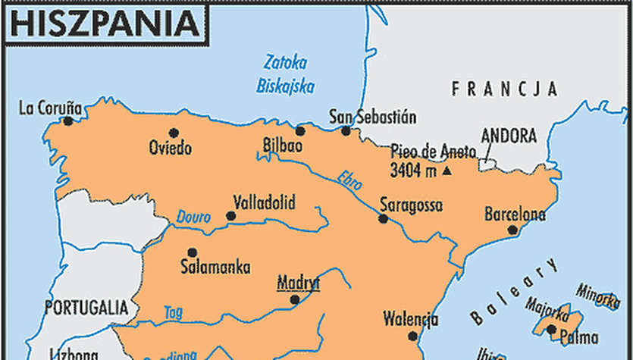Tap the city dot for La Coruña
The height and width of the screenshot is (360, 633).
click(x=68, y=121)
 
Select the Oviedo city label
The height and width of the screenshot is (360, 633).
click(x=171, y=147)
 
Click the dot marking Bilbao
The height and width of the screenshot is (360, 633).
click(x=300, y=130)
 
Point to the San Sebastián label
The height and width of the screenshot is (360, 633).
click(x=373, y=117)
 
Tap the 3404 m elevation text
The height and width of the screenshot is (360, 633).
click(x=413, y=171)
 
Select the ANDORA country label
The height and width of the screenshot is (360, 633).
click(x=508, y=136)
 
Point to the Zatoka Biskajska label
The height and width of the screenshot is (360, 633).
click(x=285, y=74)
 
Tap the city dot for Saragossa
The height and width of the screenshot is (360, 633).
click(x=384, y=219)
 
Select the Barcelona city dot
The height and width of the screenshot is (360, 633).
click(x=512, y=230)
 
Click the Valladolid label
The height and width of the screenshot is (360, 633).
click(x=264, y=202)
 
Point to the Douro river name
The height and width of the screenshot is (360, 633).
click(x=194, y=217)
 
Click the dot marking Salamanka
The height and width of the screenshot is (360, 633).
click(x=193, y=252)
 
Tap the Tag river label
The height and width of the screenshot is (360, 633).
click(x=173, y=311)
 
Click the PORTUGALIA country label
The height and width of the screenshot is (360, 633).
click(x=86, y=307)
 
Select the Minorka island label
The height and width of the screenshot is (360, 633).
click(x=599, y=292)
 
